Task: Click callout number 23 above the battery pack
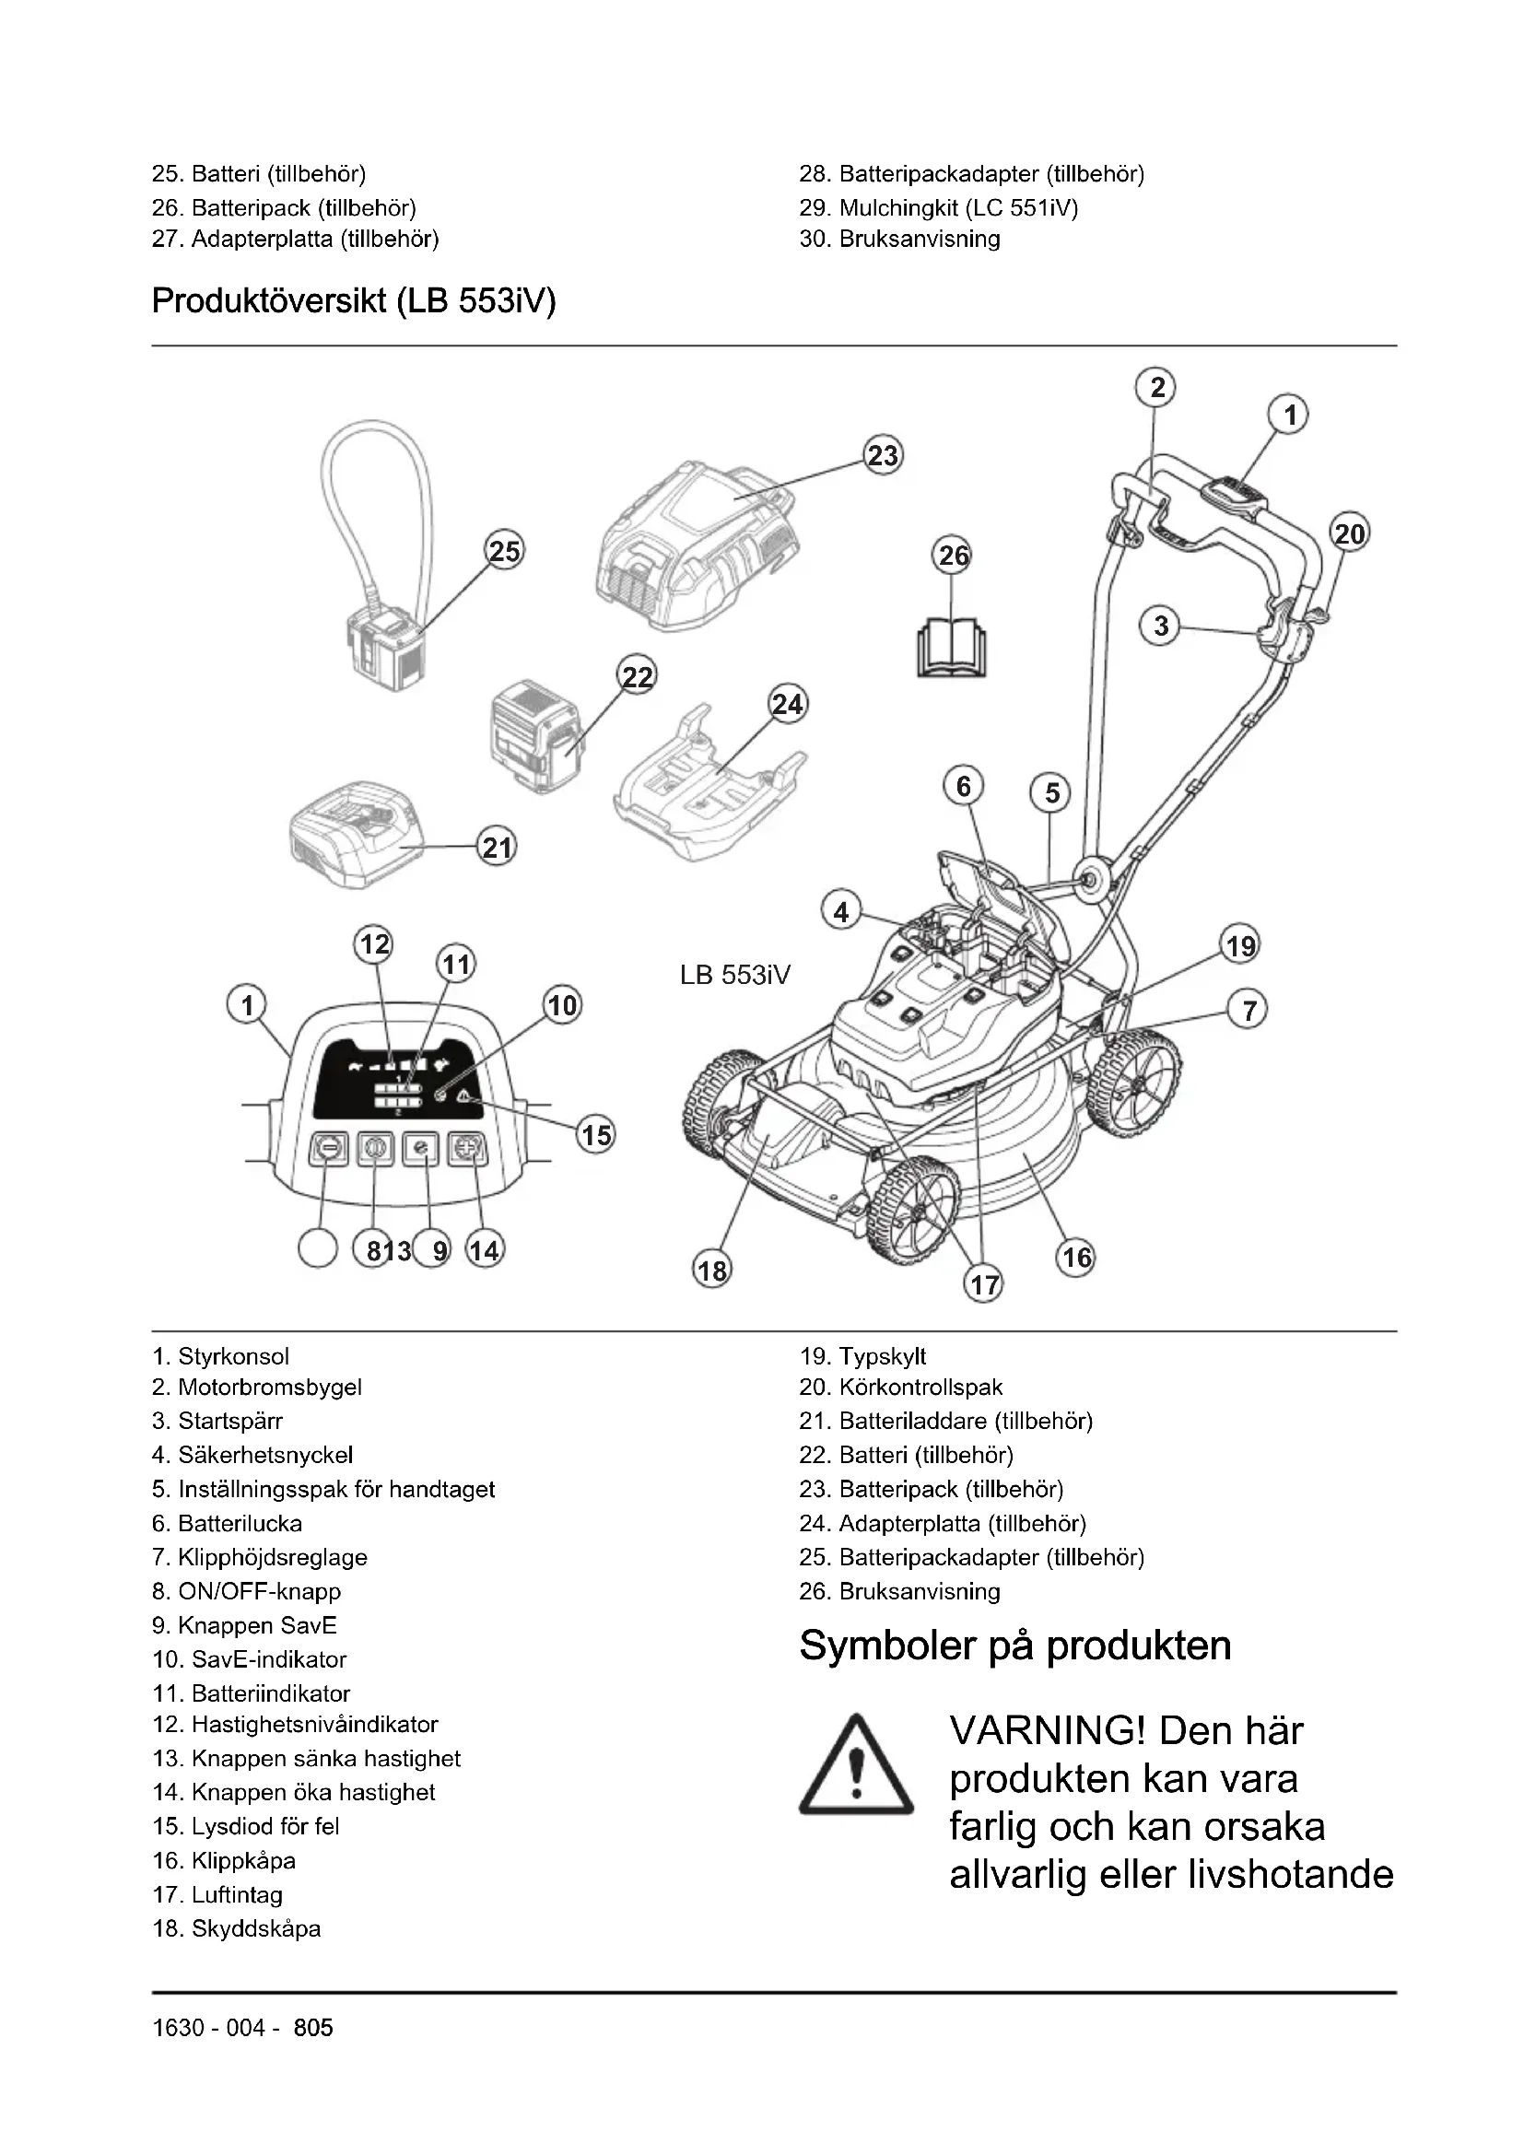pos(882,456)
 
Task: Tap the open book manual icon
pos(953,647)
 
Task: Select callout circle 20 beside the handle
pos(1350,534)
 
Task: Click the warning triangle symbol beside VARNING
pos(855,1765)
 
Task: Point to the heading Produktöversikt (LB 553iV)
pos(354,301)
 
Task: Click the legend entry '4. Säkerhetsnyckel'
pos(252,1455)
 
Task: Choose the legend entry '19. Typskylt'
pos(862,1356)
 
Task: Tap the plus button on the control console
pos(466,1148)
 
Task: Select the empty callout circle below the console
pos(317,1249)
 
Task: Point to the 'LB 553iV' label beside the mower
pos(734,975)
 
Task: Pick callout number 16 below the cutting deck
pos(1075,1257)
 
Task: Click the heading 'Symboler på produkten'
pos(1014,1646)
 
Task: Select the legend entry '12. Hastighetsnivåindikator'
pos(295,1724)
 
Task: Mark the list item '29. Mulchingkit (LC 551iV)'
pos(938,207)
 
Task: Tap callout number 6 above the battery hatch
pos(964,786)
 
